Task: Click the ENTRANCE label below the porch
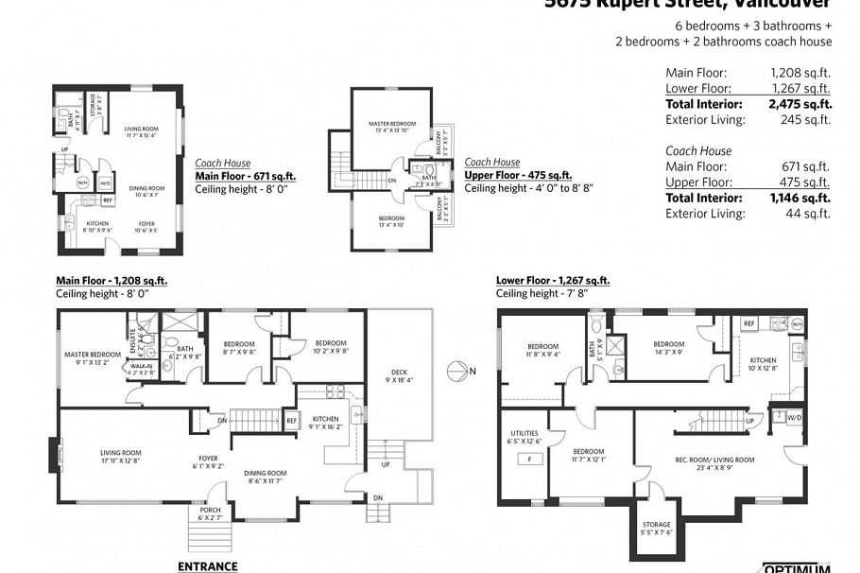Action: [x=207, y=566]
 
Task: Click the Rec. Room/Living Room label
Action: [x=714, y=460]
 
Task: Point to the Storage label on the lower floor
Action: [x=657, y=524]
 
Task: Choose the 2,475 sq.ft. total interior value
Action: [x=800, y=104]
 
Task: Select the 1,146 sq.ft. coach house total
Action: [x=800, y=198]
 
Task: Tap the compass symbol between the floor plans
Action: [x=456, y=371]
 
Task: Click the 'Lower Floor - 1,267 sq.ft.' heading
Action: [x=553, y=281]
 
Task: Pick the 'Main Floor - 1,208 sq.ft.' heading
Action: [x=112, y=281]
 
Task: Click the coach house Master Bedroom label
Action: [x=391, y=124]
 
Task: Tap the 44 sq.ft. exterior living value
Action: [x=812, y=214]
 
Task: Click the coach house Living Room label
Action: [x=141, y=129]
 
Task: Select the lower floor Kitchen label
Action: [x=764, y=360]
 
